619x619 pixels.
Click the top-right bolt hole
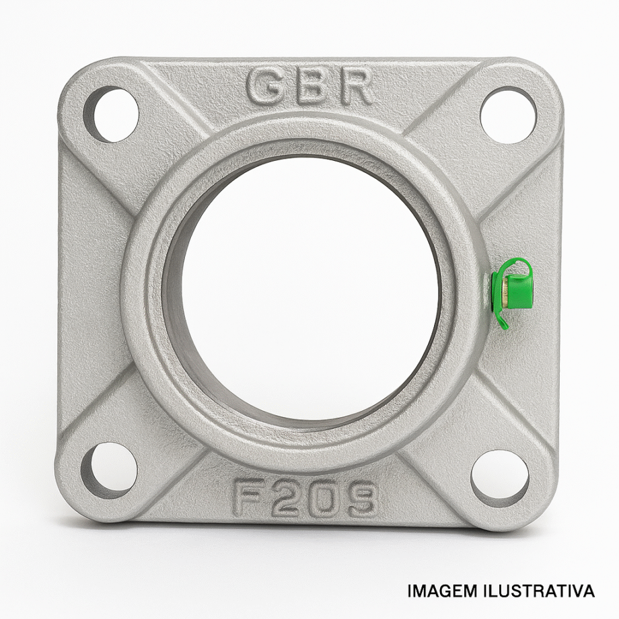(509, 115)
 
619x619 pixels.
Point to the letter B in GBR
(311, 88)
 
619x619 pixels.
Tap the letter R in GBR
(356, 88)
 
